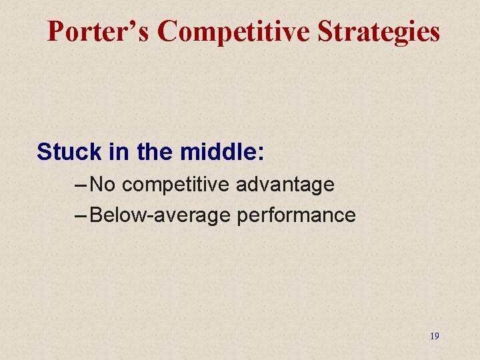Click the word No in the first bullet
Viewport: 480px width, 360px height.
(x=103, y=184)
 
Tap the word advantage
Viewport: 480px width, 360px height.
(x=285, y=185)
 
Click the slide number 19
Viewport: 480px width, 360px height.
(x=434, y=336)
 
